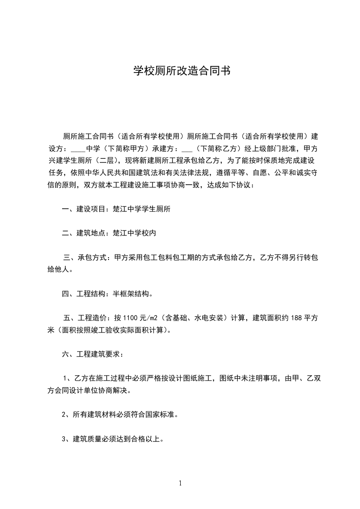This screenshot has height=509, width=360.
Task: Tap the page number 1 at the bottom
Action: click(x=180, y=483)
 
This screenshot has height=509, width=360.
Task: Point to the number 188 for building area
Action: click(x=296, y=318)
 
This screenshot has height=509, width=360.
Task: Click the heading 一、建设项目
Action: click(x=84, y=209)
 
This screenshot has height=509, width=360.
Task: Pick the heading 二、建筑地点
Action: click(x=84, y=233)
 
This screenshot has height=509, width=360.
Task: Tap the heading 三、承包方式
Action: click(x=84, y=258)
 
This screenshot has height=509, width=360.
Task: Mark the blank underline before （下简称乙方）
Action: click(x=187, y=148)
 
